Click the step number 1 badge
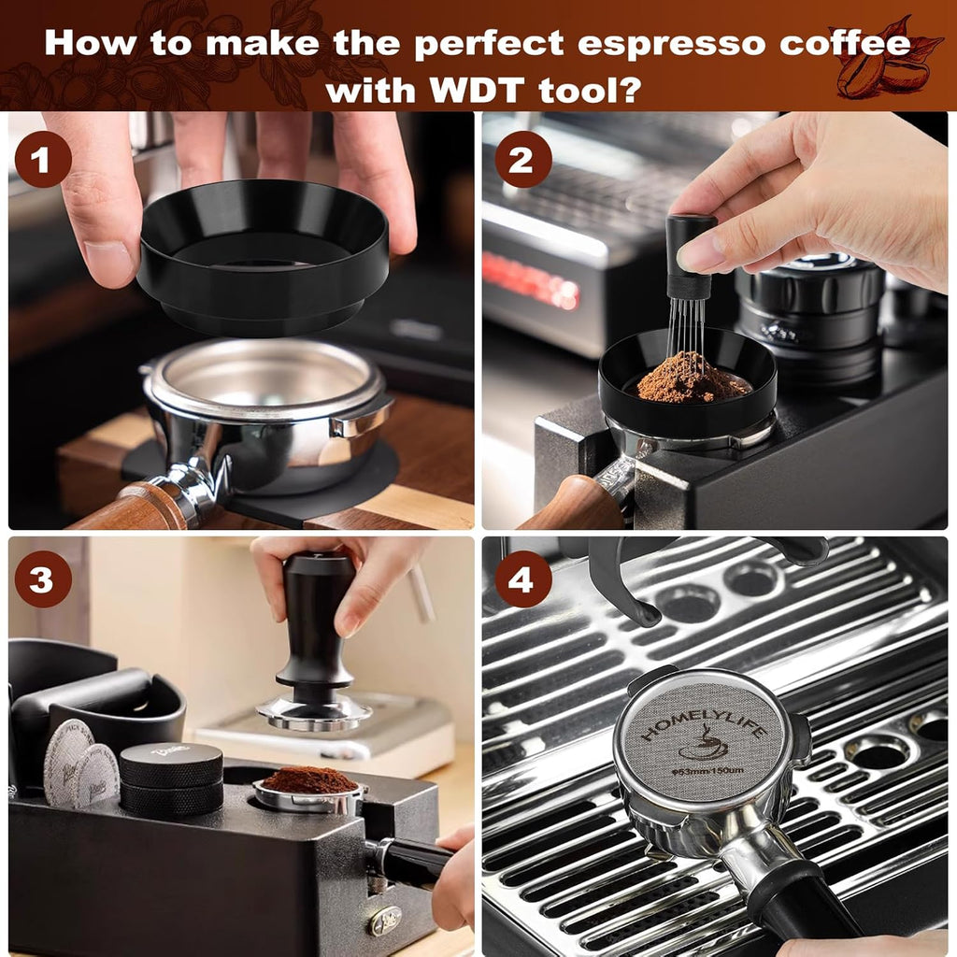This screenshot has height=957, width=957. [x=43, y=160]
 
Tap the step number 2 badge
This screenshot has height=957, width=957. [x=522, y=160]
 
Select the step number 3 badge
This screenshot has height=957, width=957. [x=43, y=580]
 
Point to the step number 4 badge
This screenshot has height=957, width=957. [x=522, y=580]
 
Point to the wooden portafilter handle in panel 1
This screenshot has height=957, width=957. [x=131, y=509]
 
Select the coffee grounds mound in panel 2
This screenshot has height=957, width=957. [x=692, y=380]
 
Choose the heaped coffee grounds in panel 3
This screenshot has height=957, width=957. [x=308, y=778]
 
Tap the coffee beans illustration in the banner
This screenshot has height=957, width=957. [x=883, y=65]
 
